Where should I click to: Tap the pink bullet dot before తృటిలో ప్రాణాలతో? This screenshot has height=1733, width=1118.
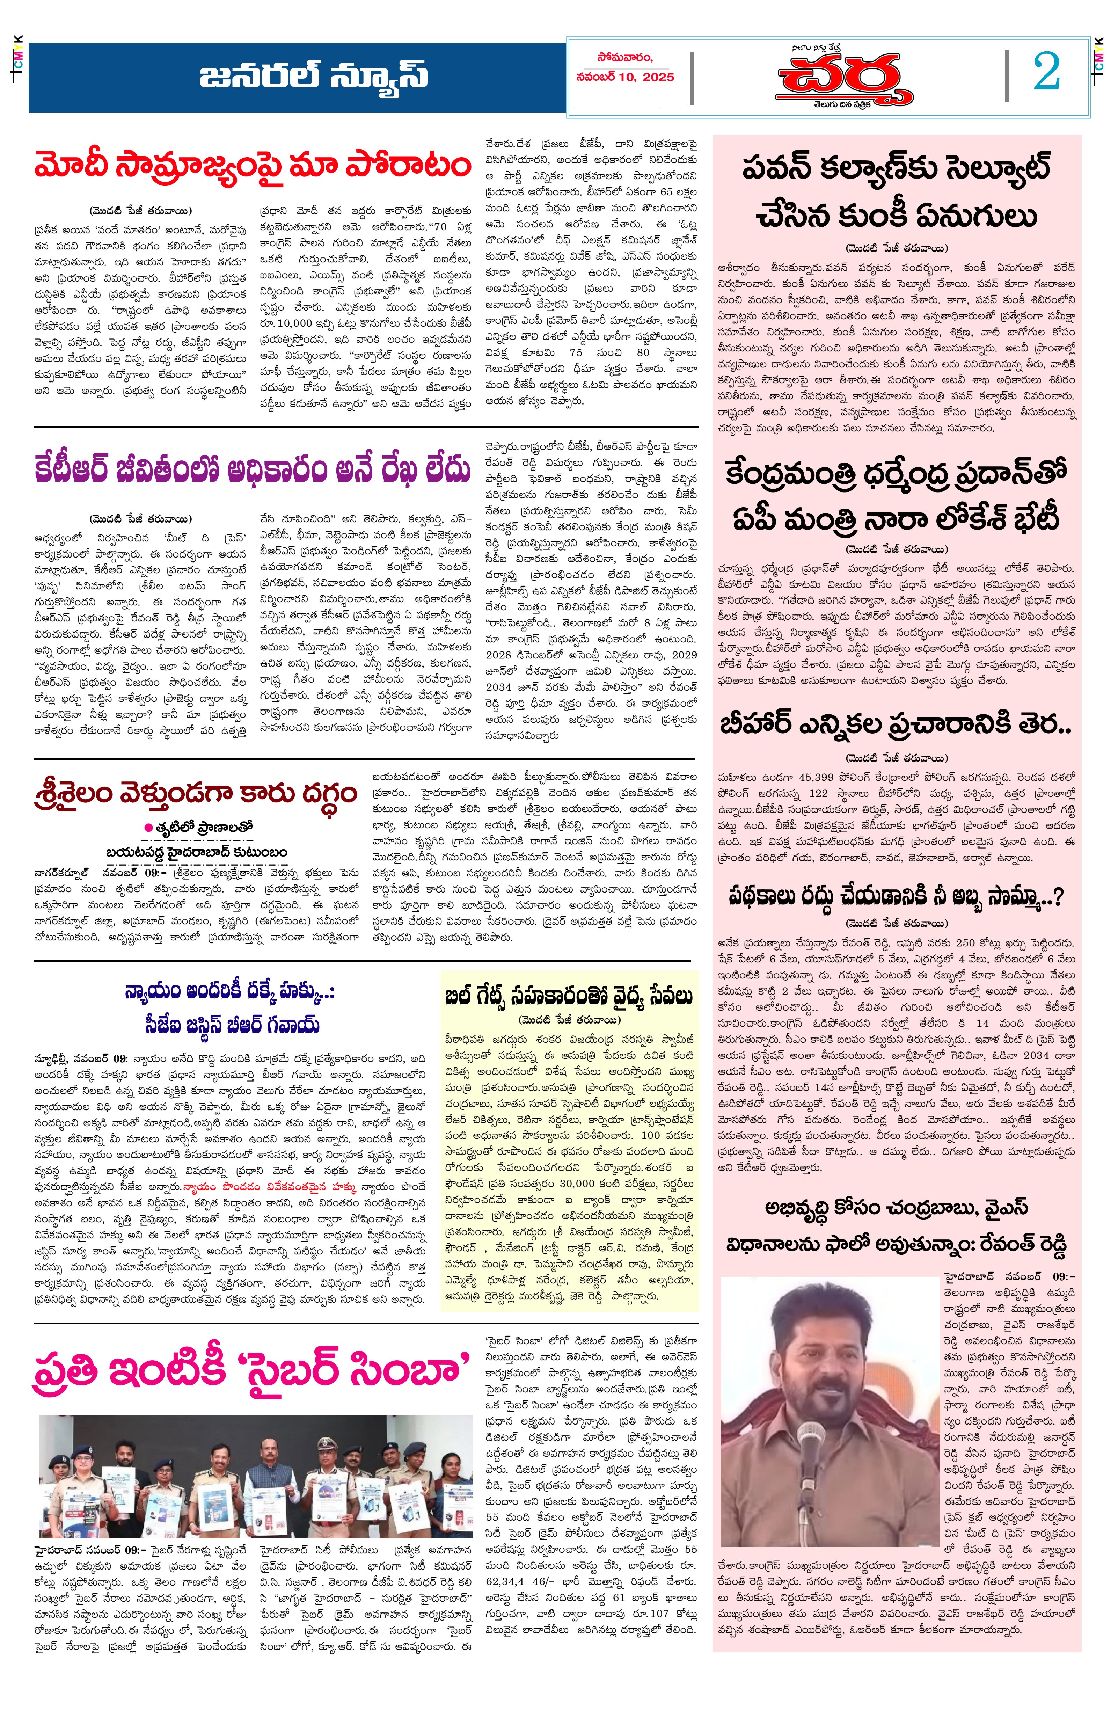tap(148, 827)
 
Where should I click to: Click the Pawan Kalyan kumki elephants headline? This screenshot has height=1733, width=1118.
tap(896, 192)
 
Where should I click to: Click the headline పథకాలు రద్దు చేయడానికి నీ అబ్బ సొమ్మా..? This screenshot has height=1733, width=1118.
tap(896, 897)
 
